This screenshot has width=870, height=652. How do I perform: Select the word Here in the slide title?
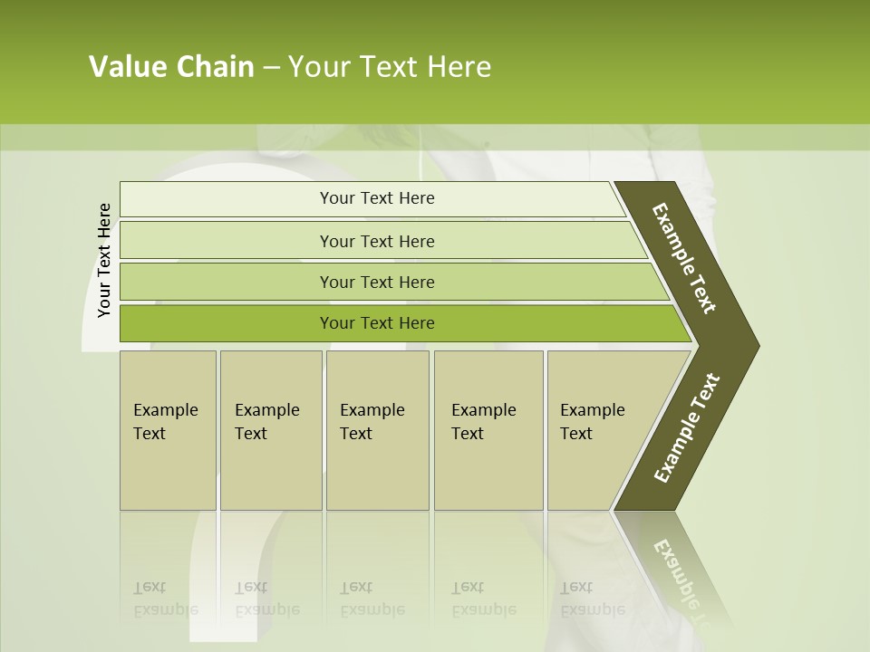(x=459, y=67)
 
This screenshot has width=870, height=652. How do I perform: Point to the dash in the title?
(x=271, y=68)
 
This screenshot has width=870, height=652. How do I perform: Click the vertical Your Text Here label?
(x=104, y=261)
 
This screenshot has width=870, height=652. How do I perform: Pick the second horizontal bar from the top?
(x=377, y=241)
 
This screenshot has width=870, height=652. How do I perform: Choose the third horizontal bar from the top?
(x=377, y=282)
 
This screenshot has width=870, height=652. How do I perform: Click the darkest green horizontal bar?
(x=377, y=323)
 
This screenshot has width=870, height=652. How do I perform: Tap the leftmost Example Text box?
(x=168, y=429)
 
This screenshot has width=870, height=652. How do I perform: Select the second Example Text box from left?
(x=271, y=429)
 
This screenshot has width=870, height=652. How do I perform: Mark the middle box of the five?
(x=377, y=429)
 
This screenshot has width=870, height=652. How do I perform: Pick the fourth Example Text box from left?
(x=488, y=429)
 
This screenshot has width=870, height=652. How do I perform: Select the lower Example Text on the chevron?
(x=687, y=428)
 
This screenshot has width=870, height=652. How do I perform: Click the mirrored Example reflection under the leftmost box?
(x=165, y=609)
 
